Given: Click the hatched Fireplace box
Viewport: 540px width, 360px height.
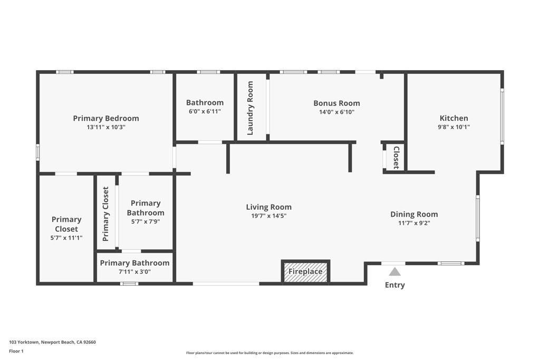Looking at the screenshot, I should coord(305,272).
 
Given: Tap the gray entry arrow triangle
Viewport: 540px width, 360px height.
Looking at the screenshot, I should coord(394,272).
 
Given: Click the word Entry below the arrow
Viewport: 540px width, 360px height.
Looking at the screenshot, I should coord(394,285).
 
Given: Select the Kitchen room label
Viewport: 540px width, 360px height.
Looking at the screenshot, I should coord(454,118).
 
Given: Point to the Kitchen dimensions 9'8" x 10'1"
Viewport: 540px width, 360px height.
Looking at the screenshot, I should coord(454,127).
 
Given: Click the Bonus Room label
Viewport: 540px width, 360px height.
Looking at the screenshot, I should coord(336,103).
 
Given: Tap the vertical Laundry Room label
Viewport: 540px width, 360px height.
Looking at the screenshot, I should coord(250,108).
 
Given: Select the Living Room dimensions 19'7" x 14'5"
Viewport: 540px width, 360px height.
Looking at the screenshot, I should coord(268,216).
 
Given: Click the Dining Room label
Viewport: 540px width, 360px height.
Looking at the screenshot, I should coord(414,214).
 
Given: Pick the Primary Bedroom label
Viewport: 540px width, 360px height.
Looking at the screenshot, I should coord(106,118).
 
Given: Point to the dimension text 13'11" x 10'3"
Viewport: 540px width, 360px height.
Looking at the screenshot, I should coord(106,127).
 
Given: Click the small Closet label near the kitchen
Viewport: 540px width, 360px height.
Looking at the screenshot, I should coord(396,158).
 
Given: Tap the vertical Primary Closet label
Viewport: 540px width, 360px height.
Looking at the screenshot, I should coord(106,213).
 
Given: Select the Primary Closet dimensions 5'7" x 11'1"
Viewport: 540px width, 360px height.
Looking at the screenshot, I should coord(66,238).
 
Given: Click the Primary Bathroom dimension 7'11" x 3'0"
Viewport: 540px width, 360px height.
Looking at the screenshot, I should coord(134,271).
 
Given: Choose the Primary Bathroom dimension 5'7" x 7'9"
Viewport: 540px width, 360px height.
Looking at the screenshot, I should coord(146,222).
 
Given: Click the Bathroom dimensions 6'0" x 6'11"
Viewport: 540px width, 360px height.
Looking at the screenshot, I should coord(205,111).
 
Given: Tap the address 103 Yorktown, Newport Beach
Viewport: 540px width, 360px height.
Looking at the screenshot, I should coord(52,342).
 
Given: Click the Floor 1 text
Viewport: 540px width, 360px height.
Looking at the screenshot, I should coord(16,351).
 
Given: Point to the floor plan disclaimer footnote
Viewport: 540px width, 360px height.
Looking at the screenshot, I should coord(269,353).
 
